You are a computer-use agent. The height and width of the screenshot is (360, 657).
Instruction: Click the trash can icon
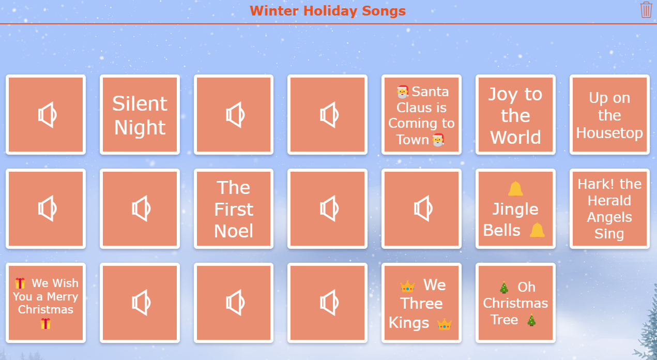(x=646, y=10)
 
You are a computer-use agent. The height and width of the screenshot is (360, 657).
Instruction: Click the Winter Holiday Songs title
(x=328, y=11)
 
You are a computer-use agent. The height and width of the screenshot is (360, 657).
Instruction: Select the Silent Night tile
(x=140, y=115)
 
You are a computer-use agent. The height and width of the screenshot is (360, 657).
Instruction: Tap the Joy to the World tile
(x=515, y=115)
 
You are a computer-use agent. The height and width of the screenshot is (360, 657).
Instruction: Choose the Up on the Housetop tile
(x=609, y=115)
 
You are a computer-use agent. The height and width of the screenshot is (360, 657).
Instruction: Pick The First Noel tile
(x=234, y=209)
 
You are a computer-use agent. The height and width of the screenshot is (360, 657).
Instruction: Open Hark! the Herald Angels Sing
(x=609, y=209)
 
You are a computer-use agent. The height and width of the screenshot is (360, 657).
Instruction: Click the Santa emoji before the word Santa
(x=403, y=92)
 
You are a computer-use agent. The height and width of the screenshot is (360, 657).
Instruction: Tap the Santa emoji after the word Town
(x=438, y=140)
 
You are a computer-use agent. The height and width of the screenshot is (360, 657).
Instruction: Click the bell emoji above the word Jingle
(x=515, y=189)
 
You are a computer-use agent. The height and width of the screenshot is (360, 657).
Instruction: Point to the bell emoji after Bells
(x=537, y=230)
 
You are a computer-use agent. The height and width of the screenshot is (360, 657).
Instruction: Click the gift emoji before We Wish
(x=20, y=283)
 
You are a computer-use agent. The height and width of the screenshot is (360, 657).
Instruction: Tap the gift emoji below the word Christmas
(x=45, y=324)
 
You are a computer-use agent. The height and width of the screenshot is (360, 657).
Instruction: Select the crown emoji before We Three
(x=407, y=286)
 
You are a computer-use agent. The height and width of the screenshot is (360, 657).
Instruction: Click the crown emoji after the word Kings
(x=444, y=324)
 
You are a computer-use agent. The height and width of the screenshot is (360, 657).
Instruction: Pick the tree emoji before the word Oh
(x=504, y=288)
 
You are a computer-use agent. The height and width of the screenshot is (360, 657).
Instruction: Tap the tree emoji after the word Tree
(x=531, y=320)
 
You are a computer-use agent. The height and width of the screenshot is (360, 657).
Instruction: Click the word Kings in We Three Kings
(x=409, y=323)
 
